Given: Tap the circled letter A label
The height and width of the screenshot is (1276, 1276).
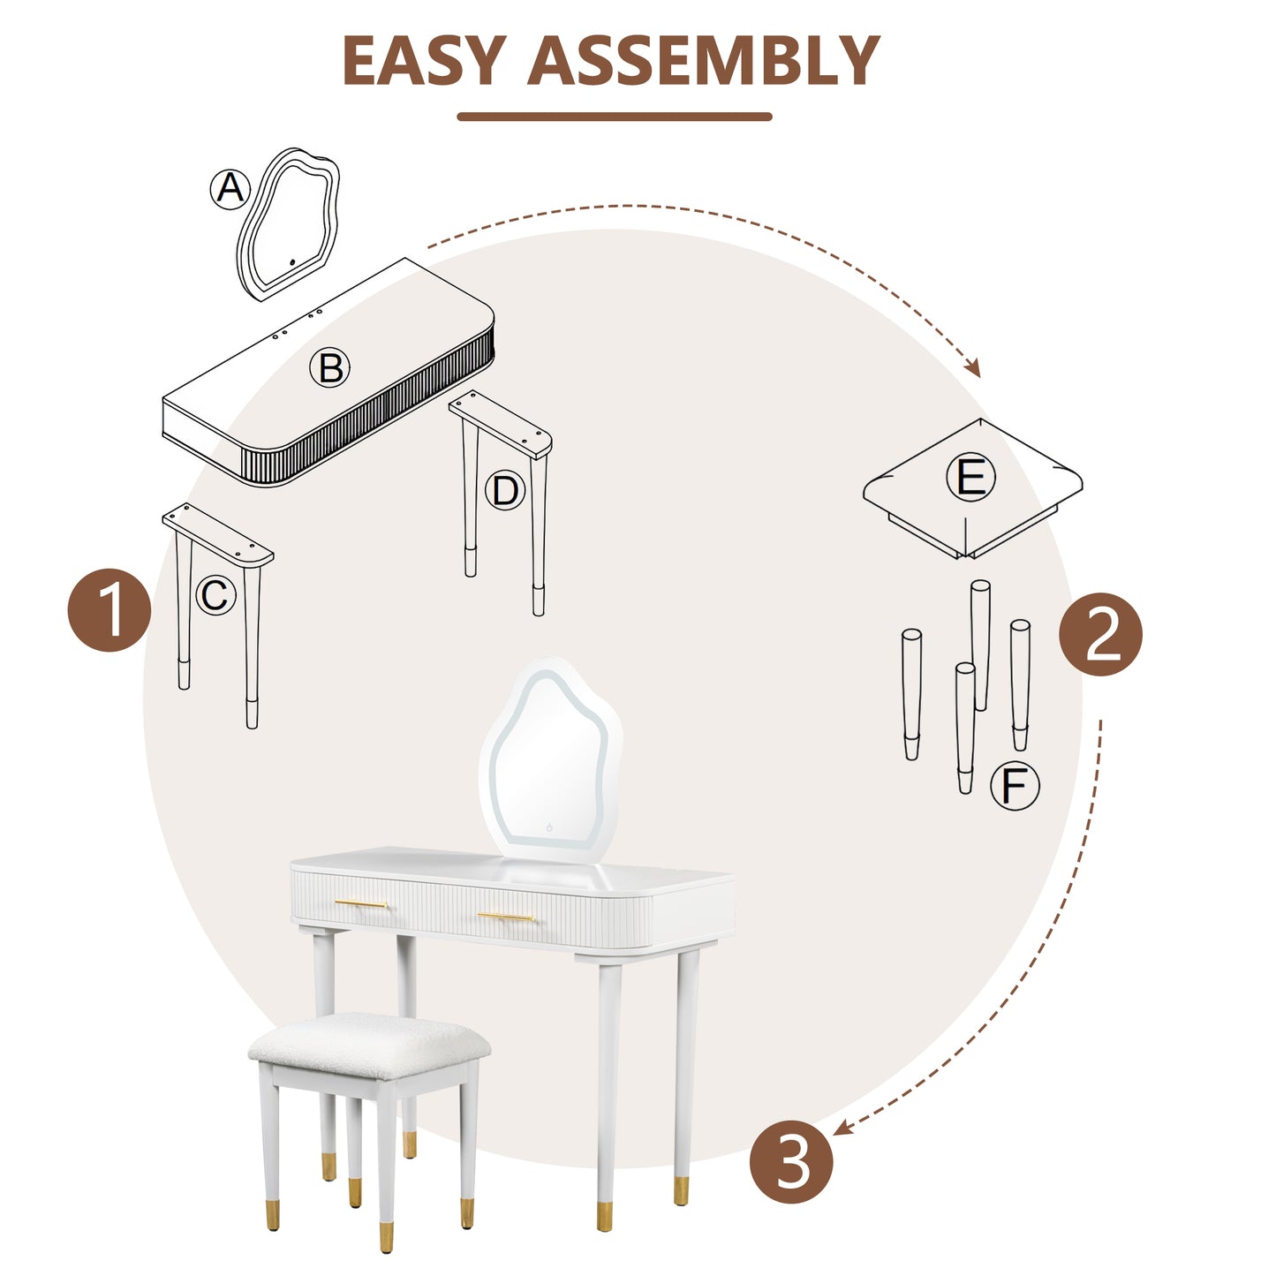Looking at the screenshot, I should tap(230, 189).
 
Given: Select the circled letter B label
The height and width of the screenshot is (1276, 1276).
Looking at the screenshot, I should tap(330, 367).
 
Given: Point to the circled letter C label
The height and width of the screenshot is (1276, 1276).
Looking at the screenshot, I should tap(215, 596).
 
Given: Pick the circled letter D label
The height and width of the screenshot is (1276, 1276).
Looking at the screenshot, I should tap(505, 490).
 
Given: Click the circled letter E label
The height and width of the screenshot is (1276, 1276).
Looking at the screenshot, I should tap(970, 478).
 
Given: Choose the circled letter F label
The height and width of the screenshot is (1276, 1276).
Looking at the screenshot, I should tap(1015, 786).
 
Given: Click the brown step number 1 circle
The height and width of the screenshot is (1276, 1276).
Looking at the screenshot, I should tap(109, 611).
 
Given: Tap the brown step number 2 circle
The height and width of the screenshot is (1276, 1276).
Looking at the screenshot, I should tap(1100, 634).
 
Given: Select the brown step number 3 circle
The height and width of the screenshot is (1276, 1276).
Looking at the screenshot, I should tap(791, 1161).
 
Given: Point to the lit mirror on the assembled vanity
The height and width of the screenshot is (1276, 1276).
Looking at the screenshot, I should tap(549, 759).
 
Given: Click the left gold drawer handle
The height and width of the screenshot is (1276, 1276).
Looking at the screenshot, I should tap(360, 903).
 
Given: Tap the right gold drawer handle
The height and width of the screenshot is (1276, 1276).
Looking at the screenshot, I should tap(505, 917).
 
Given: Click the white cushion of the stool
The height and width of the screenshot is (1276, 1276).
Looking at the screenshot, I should tap(369, 1040).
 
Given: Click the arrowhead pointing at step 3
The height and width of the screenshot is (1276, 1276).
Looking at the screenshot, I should tap(841, 1128).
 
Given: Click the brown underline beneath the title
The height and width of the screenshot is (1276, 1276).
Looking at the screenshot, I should tap(615, 117).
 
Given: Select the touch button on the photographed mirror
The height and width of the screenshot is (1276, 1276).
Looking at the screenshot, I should tap(549, 827).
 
